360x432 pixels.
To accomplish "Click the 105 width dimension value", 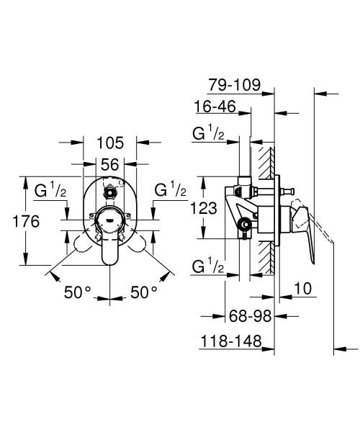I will pyautogui.click(x=110, y=142).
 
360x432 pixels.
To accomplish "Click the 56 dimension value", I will pyautogui.click(x=110, y=165).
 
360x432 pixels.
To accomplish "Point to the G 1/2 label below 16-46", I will pyautogui.click(x=208, y=134).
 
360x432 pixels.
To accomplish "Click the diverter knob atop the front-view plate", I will pyautogui.click(x=110, y=193).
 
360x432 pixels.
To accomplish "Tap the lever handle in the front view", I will pyautogui.click(x=110, y=248).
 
